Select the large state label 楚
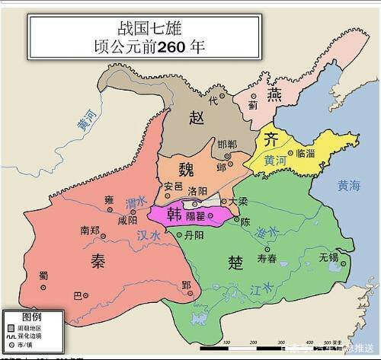coord(235,263)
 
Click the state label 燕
coord(274,94)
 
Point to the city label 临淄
coord(304,152)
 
